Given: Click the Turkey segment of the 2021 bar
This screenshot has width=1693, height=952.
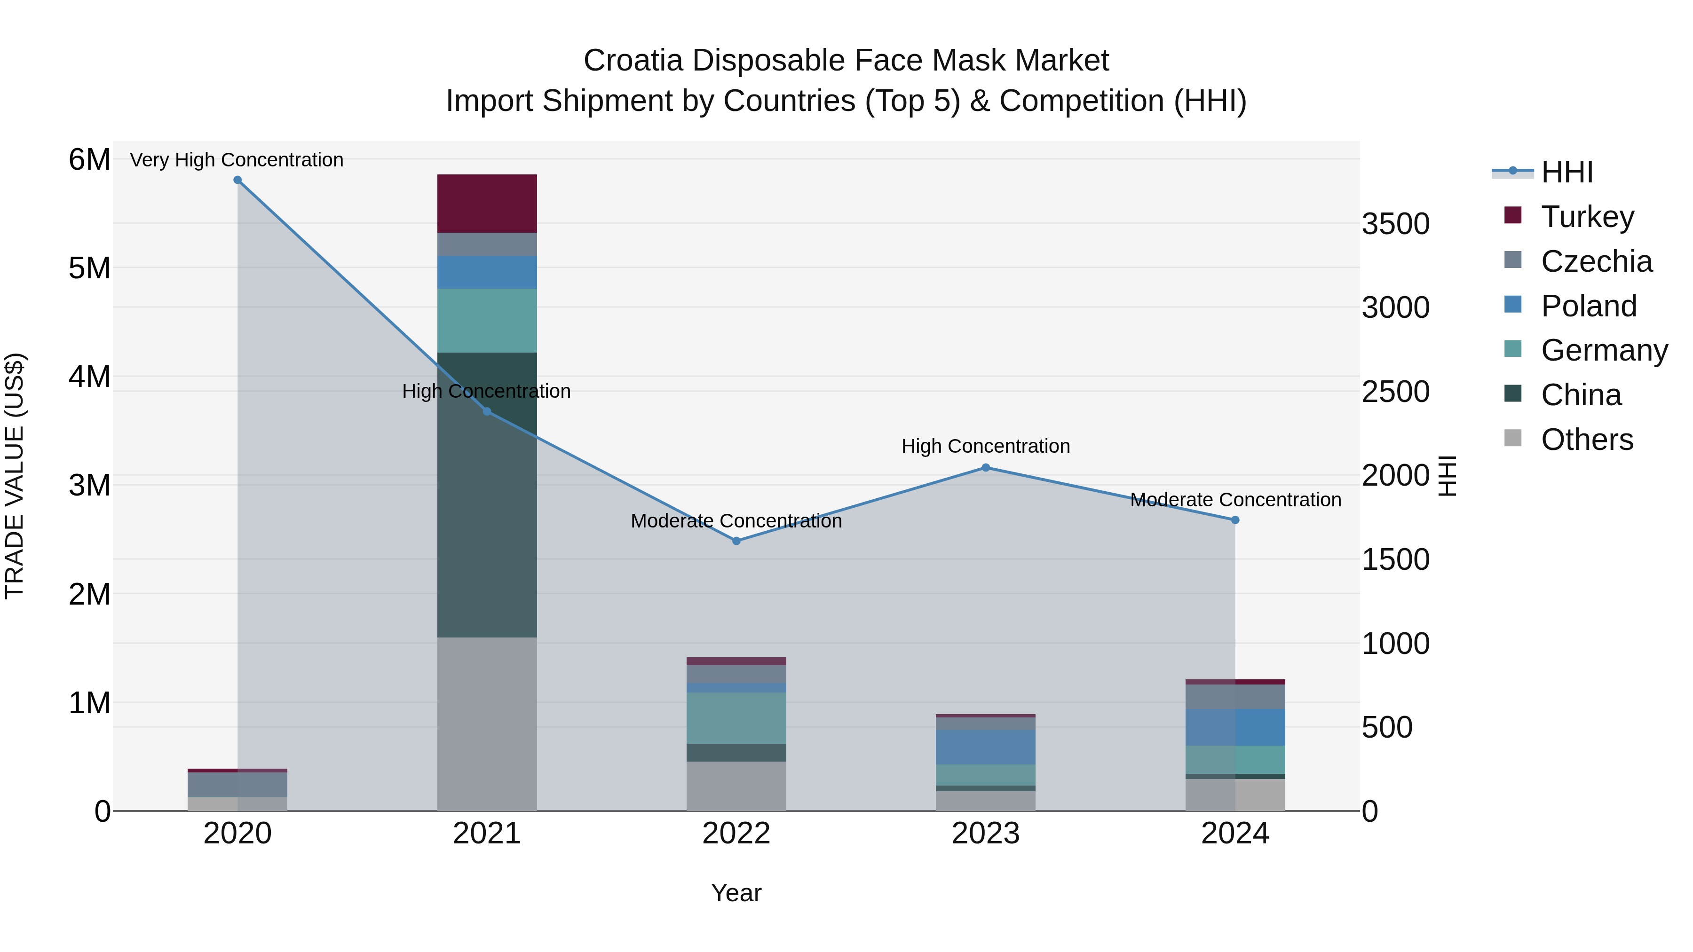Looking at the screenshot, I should [487, 204].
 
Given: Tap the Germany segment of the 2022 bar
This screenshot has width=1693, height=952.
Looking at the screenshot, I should [736, 717].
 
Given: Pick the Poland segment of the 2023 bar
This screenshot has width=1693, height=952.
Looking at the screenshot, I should [985, 747].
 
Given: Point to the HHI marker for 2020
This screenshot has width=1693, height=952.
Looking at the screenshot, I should [238, 180].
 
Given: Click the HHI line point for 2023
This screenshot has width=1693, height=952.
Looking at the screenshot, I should [985, 468].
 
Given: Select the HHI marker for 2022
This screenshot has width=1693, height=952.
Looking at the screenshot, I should [736, 541].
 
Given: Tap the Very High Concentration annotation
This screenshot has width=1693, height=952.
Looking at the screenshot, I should [237, 160].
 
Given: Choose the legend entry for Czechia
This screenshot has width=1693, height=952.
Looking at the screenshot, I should [1596, 261].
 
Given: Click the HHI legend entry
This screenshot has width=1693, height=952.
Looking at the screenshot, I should [1567, 172].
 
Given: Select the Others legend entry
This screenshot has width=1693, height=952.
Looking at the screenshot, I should [1587, 439].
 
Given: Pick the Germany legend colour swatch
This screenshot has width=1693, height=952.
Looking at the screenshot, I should [1512, 349].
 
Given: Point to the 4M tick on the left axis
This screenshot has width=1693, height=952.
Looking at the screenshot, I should [89, 377].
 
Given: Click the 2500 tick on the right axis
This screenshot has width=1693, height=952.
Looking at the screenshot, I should [1395, 392].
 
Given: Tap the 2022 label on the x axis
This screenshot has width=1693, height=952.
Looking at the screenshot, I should [736, 833].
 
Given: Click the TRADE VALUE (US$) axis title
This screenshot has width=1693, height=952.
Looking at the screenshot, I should [15, 476].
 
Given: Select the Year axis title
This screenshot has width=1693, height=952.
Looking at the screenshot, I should [736, 892].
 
